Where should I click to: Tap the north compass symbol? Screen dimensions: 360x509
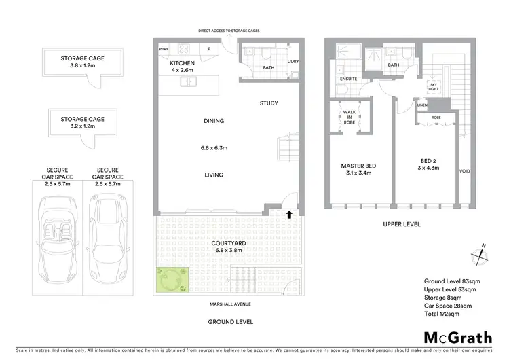tap(481, 254)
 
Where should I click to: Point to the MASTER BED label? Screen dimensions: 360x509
tap(358, 166)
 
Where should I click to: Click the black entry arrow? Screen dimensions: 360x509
tap(290, 215)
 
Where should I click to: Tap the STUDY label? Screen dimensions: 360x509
tap(269, 103)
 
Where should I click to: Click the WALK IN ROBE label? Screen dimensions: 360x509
tap(350, 116)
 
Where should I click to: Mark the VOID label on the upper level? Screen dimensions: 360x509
tap(465, 170)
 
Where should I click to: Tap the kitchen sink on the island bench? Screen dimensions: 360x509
tap(188, 82)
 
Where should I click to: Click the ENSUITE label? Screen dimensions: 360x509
tap(348, 78)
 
